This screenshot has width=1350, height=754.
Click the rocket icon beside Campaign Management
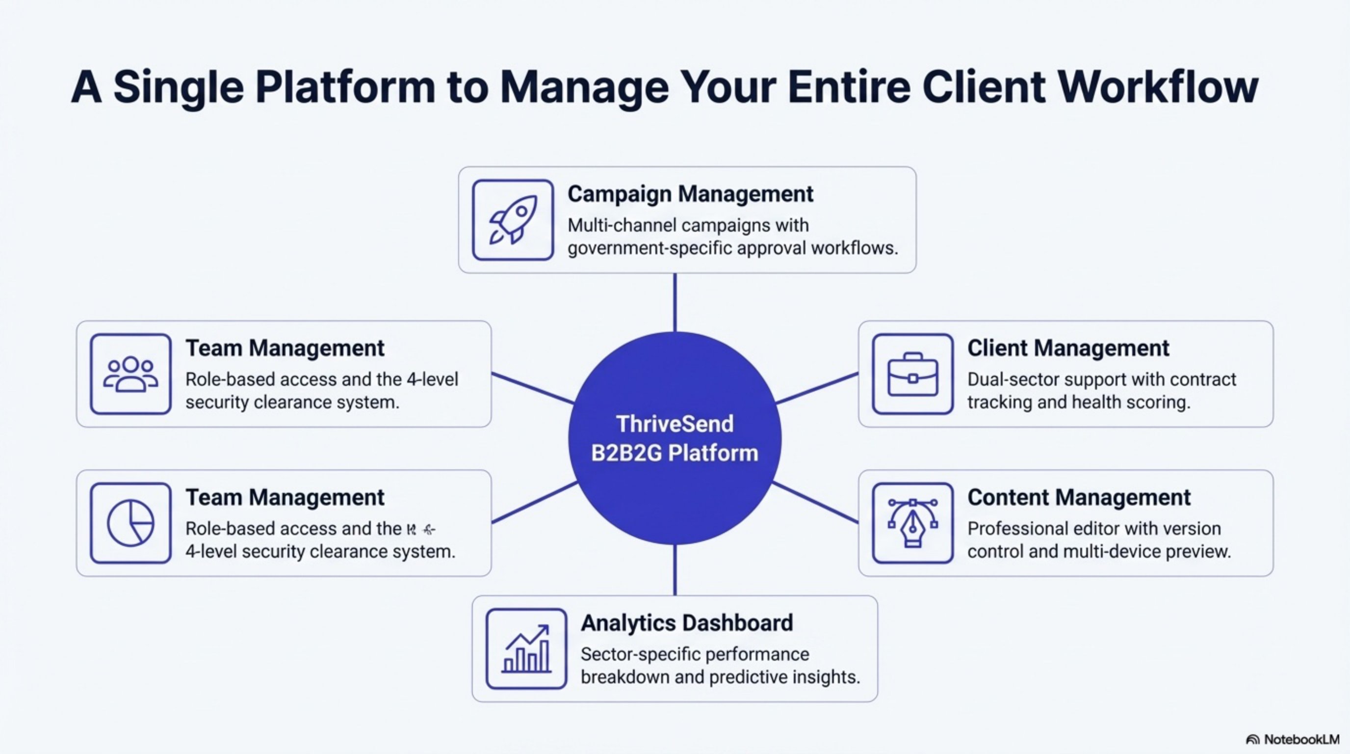coord(513,220)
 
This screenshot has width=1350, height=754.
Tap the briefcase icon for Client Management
coord(912,374)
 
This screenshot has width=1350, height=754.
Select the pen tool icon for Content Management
coord(912,523)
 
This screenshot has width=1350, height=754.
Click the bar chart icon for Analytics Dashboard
coord(526,648)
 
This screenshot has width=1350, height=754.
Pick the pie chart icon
coord(130,523)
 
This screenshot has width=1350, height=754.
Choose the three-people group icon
coord(130,374)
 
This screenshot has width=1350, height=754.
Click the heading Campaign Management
coord(690,194)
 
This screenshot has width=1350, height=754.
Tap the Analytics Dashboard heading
coord(687,623)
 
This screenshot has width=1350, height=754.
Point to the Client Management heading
coord(1068,348)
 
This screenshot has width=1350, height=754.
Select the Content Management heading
coord(1079,497)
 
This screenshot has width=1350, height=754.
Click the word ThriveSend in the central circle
coord(675,424)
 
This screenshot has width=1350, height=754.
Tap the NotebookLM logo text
coord(1301,739)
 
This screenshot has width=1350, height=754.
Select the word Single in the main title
coord(178,86)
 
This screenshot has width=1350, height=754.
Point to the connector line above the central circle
coord(675,302)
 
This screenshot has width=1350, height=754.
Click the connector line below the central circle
coord(675,570)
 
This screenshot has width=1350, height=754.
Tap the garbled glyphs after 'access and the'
coord(421,530)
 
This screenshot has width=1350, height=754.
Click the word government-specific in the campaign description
coord(649,248)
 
